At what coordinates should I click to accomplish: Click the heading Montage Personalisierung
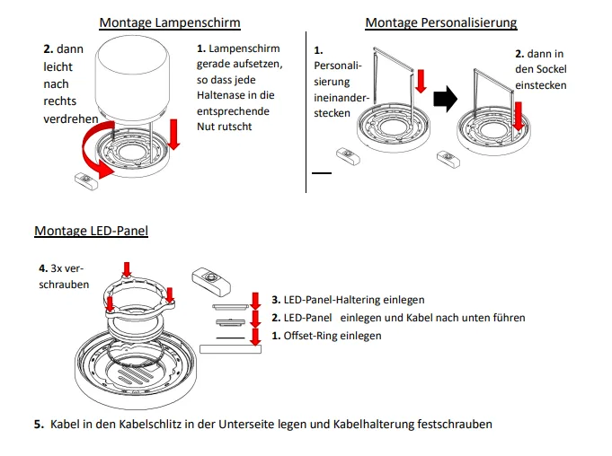coord(440,22)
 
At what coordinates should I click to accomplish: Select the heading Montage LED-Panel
coord(91,231)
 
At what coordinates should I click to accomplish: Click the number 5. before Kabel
coord(39,424)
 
